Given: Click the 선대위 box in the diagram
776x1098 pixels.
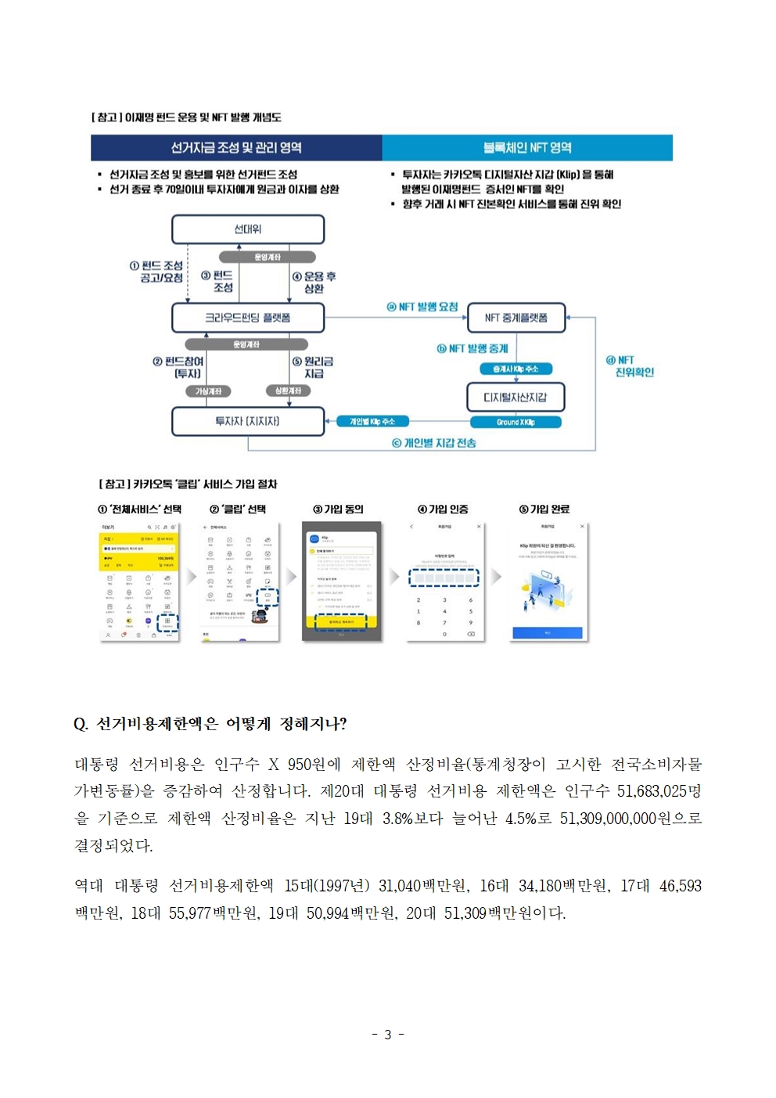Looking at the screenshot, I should pos(247,229).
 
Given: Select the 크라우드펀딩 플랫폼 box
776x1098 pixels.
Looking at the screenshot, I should pos(247,318).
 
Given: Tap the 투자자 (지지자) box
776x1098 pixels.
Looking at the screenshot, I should pos(247,421).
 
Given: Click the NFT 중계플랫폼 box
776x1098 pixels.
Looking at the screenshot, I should pos(516,318).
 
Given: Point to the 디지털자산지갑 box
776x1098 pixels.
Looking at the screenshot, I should pos(516,397).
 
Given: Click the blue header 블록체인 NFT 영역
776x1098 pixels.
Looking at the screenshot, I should pos(527,147).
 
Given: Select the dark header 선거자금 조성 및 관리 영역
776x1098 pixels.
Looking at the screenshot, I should pos(236,147).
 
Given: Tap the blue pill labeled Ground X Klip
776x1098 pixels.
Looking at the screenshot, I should pos(516,422).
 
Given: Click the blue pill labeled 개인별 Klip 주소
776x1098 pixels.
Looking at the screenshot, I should pos(372,421).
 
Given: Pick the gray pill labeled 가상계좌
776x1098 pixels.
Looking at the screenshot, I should pos(208,391).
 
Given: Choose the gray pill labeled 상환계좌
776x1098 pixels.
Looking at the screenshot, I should pos(288,391).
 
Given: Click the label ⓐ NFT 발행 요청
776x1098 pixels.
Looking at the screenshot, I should pos(422,307).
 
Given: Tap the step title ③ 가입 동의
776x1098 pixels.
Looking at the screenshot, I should pos(339,509).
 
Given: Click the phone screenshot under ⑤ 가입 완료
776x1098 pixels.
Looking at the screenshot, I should pos(548,581).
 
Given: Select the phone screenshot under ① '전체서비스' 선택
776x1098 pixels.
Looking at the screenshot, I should pos(140,581).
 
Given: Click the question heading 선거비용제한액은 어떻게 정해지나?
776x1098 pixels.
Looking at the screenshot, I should pos(210,724).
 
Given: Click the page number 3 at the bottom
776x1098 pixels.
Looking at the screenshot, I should pos(387,1035).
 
